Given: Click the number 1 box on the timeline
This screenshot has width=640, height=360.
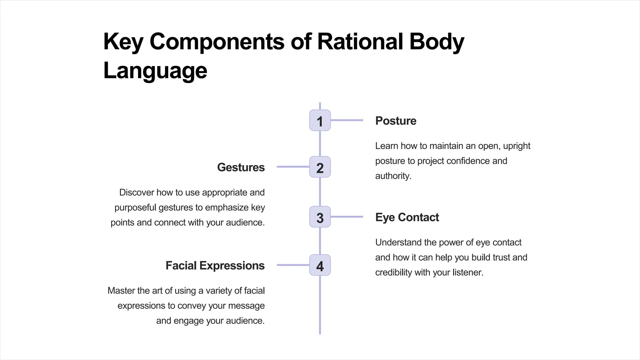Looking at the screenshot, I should click(320, 120).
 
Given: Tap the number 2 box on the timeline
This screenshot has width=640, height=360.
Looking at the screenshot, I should click(320, 167).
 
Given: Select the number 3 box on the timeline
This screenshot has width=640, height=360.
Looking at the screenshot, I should click(320, 217).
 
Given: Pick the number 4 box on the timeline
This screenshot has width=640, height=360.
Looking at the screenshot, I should click(320, 265).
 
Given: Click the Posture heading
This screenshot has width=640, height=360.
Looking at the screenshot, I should click(396, 121).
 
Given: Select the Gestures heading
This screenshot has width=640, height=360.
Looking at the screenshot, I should click(241, 167).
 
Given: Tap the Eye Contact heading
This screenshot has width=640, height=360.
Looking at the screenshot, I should click(407, 217).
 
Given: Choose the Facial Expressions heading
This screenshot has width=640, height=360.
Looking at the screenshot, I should click(215, 266).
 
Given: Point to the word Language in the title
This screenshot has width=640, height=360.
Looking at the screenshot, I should click(155, 71).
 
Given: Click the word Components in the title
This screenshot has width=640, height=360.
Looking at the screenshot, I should click(217, 42).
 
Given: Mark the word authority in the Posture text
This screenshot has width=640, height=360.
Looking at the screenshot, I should click(393, 176).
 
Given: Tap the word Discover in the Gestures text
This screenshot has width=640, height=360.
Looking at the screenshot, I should click(136, 192).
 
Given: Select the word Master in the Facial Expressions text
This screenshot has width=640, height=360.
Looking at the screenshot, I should click(121, 291).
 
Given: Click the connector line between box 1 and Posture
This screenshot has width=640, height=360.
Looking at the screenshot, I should click(347, 120).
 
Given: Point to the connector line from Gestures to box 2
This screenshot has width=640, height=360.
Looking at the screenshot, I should click(293, 167).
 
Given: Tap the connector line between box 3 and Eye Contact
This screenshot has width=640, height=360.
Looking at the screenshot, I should click(347, 217).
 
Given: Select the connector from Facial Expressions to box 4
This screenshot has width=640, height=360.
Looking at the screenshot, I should click(293, 265).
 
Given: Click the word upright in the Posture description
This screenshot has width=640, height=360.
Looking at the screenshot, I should click(517, 146).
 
